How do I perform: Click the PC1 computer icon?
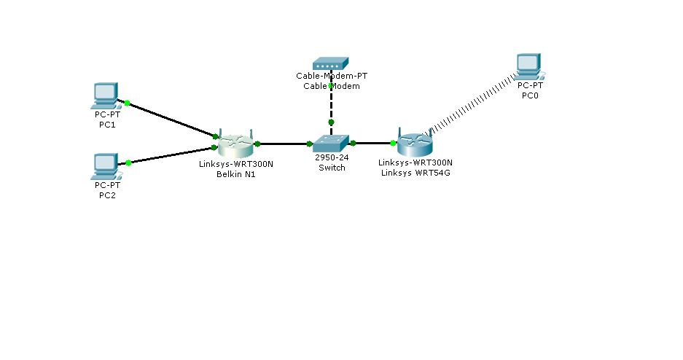[106, 95]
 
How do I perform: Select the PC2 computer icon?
[106, 165]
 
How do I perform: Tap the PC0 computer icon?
[528, 66]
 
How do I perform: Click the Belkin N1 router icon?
[235, 145]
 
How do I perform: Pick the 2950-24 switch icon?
[332, 144]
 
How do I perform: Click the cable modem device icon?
[332, 64]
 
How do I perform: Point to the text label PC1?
[107, 125]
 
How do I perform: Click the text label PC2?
[107, 195]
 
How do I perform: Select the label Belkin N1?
[235, 173]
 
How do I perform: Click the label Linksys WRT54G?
[415, 172]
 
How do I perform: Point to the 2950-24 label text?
[332, 157]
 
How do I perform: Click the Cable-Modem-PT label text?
[332, 76]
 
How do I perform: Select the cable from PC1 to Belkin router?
[171, 120]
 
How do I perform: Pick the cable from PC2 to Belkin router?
[171, 154]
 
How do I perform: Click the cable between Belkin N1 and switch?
[284, 144]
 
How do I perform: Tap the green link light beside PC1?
[127, 103]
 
